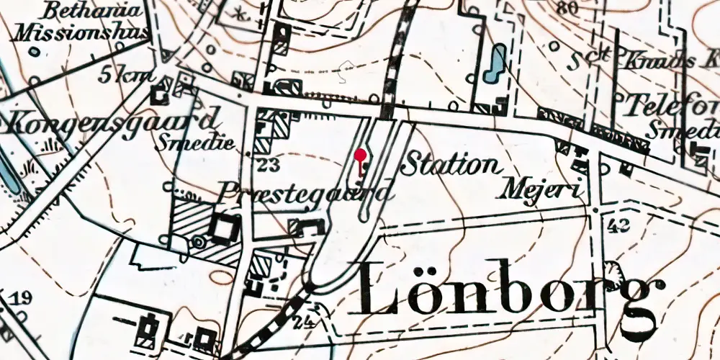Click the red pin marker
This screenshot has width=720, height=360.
click(360, 155)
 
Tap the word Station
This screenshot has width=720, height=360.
click(451, 165)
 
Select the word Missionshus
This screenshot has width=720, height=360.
click(81, 32)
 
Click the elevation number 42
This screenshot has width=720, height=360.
click(618, 225)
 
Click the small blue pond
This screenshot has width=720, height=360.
click(495, 63)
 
